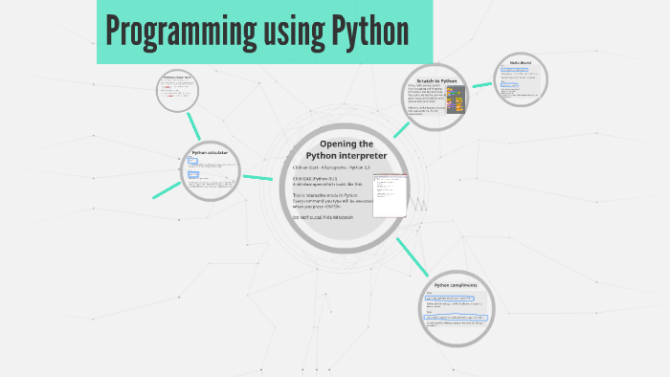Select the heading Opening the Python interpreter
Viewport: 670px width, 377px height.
tap(346, 149)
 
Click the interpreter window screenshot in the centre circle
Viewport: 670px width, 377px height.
tap(391, 195)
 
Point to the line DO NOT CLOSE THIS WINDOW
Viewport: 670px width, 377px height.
tap(323, 217)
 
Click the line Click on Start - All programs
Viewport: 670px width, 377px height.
tap(331, 167)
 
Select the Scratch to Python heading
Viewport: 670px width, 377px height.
tap(436, 81)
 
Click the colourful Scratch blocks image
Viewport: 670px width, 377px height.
tap(457, 99)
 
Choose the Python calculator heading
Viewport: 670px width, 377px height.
tap(210, 152)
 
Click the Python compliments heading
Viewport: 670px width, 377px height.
tap(456, 285)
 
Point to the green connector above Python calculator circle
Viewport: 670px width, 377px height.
tap(194, 125)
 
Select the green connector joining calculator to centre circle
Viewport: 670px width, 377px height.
tap(258, 177)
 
